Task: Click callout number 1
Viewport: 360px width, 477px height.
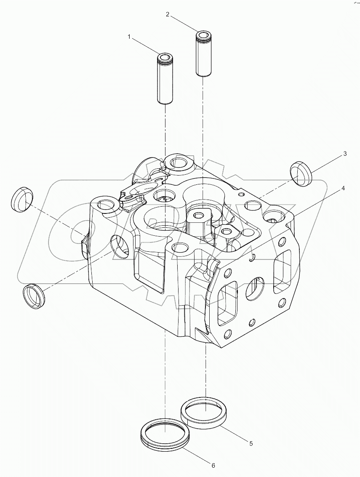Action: tap(130, 37)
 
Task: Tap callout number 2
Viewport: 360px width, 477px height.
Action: tap(168, 14)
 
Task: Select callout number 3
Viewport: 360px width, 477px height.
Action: tap(344, 154)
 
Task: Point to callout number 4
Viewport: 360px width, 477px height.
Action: tap(343, 188)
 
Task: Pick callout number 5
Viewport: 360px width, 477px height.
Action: tap(251, 443)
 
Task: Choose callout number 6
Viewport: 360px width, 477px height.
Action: tap(213, 465)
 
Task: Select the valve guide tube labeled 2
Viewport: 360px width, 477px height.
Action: tap(203, 54)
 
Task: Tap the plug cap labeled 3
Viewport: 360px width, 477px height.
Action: tap(300, 173)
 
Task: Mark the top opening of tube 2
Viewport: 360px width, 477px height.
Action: tap(203, 34)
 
